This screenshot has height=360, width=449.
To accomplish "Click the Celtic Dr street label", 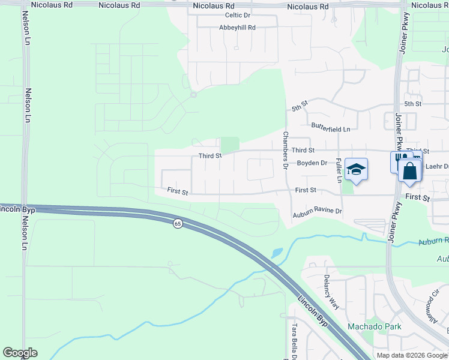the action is [237, 16].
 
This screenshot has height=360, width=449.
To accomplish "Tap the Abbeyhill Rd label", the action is [238, 28].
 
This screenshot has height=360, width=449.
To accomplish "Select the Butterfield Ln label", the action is [331, 128].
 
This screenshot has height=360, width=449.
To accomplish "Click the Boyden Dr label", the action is [312, 163].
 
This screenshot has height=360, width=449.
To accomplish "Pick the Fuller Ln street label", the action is [339, 170].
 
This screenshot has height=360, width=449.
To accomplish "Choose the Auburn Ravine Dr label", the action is [317, 211].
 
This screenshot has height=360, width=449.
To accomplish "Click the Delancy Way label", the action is [331, 292].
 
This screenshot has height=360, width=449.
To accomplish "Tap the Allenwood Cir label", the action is [431, 307].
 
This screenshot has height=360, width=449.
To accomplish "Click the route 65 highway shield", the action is [178, 224].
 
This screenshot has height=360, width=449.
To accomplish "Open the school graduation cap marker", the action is [356, 170].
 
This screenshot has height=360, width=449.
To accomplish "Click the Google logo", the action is [20, 353].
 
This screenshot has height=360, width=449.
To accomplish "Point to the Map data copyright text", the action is [412, 355].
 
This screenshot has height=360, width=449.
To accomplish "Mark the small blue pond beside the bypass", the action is [276, 253].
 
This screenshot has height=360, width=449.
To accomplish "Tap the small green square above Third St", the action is [230, 145].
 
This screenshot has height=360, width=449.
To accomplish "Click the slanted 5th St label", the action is [300, 106].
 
